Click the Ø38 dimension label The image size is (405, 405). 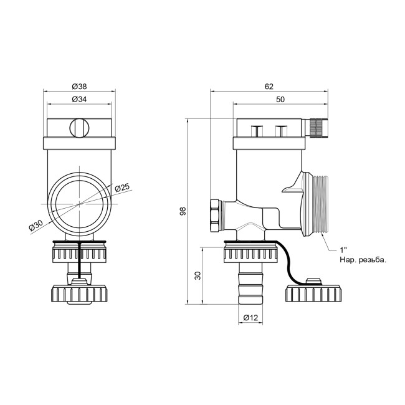point(79,87)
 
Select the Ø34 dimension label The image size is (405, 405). point(79,99)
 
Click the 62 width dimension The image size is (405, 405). point(270,87)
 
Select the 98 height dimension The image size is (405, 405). point(183,212)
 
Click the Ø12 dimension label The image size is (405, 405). point(250,318)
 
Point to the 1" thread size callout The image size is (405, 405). point(343,249)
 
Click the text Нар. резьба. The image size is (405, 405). point(363,260)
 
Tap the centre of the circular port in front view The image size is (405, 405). point(79,203)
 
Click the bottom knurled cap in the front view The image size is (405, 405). point(79,293)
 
